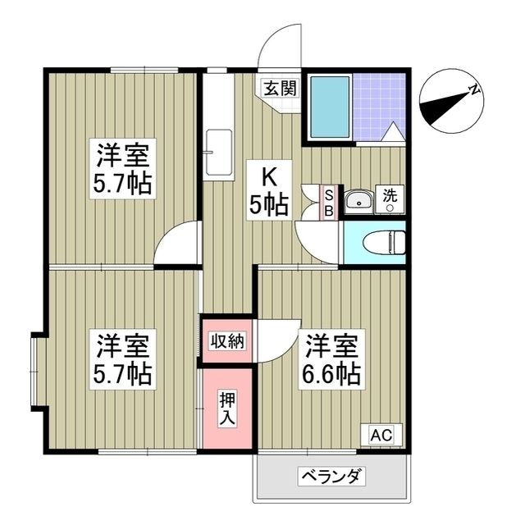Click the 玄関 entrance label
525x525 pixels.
(x=273, y=87)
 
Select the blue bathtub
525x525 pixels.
(x=331, y=107)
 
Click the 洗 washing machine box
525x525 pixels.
(x=390, y=199)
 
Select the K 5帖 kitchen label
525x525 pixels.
(x=268, y=190)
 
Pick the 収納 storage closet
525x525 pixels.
(x=226, y=340)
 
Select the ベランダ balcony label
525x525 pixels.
(x=331, y=477)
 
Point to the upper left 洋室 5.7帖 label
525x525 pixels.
(x=122, y=168)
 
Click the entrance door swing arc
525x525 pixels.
(x=279, y=45)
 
